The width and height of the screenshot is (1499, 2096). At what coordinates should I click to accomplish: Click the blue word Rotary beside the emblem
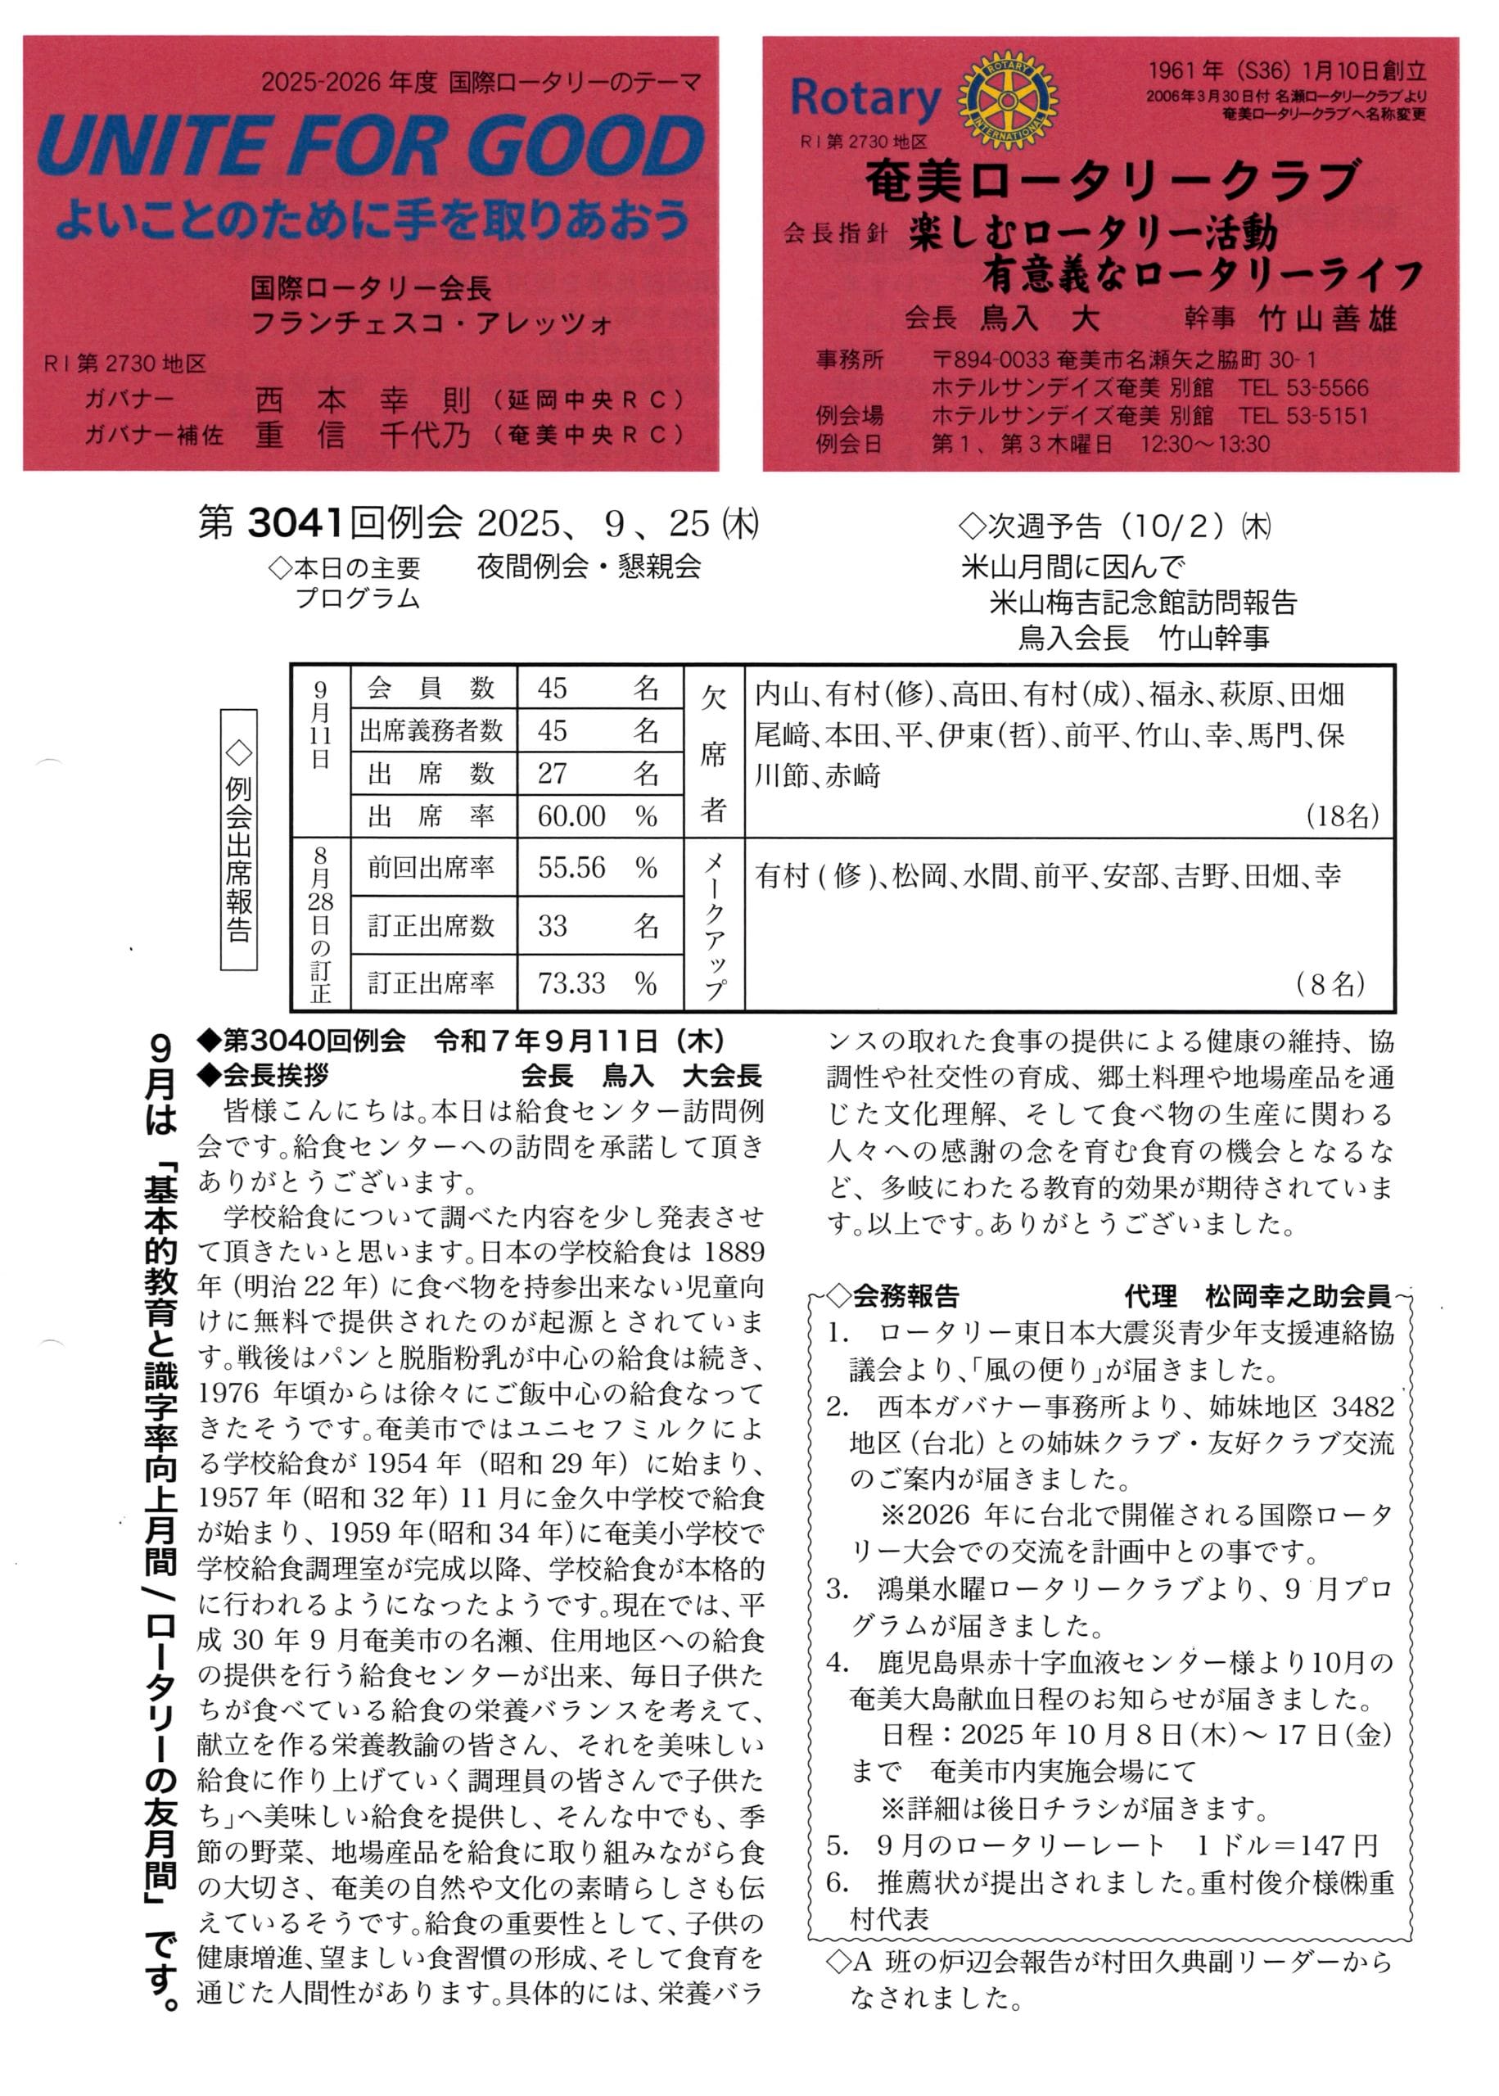865,99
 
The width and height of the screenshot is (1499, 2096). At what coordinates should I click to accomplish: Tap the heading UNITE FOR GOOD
370,147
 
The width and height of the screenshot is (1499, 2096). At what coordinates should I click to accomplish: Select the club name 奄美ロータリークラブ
1113,179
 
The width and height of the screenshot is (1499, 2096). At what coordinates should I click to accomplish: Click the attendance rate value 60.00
571,815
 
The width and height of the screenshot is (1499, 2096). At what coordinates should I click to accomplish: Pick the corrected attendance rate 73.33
571,983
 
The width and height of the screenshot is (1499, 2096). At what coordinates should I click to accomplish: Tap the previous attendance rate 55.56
571,868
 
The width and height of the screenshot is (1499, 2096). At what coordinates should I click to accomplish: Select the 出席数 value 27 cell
553,774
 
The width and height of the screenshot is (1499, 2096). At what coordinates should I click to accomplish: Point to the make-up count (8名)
1330,984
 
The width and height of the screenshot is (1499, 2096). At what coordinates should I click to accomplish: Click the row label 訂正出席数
431,926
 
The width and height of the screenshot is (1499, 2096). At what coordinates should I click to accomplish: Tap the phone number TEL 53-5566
1303,387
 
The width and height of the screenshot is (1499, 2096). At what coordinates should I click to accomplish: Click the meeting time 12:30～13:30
1204,444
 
